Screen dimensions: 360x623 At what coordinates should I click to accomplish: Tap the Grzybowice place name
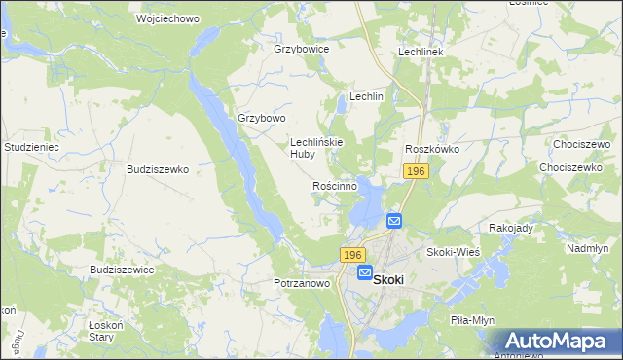coord(302,48)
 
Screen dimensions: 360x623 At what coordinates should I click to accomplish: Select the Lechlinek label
coord(421,52)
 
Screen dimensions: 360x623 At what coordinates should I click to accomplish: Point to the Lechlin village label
coord(367,97)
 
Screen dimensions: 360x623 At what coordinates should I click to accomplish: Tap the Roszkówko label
coord(432,149)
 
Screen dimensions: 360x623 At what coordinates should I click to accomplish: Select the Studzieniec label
coord(33,147)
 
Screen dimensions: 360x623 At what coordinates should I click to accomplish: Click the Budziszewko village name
coord(157,168)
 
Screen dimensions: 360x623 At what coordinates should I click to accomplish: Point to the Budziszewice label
coord(122,270)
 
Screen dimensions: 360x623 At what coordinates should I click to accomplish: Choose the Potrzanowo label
coord(302,283)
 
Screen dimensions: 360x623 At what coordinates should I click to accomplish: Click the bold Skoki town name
coord(388,276)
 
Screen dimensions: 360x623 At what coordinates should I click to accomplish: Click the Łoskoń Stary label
coord(101,331)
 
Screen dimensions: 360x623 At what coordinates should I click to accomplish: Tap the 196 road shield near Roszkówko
coord(417,171)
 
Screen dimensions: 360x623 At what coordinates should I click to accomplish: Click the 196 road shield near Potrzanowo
coord(352,254)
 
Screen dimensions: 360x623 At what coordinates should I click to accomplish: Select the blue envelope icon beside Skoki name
coord(365,274)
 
